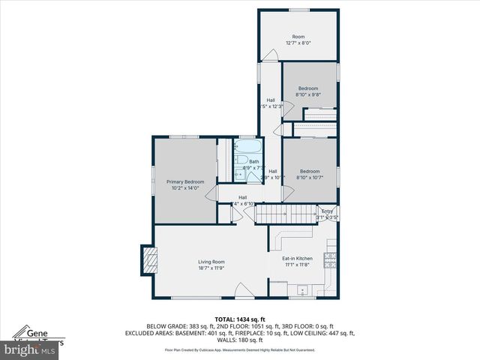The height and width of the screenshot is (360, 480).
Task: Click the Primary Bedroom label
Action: pyautogui.click(x=185, y=181)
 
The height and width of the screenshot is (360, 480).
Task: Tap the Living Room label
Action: pyautogui.click(x=211, y=262)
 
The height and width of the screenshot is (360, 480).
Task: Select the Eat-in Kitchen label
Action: pyautogui.click(x=298, y=259)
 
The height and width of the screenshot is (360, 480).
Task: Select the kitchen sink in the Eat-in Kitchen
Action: pyautogui.click(x=303, y=289)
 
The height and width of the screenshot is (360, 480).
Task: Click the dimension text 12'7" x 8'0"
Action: pyautogui.click(x=298, y=43)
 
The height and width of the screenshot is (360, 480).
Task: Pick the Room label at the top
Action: pyautogui.click(x=298, y=36)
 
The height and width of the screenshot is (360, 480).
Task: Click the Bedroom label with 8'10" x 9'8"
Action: pyautogui.click(x=307, y=88)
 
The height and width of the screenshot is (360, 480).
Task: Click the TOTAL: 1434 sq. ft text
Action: pyautogui.click(x=240, y=319)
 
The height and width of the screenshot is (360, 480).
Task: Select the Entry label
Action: pyautogui.click(x=327, y=211)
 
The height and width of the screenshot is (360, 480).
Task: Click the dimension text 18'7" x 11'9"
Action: pyautogui.click(x=211, y=268)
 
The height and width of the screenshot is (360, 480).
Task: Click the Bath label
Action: pyautogui.click(x=254, y=161)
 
